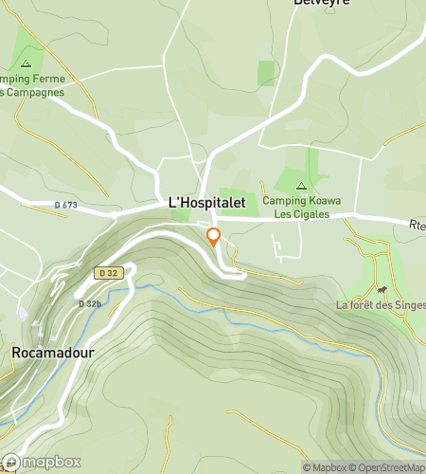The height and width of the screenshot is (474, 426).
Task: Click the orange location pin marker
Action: [x=214, y=237]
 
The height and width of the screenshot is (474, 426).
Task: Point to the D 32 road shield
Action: [x=109, y=272]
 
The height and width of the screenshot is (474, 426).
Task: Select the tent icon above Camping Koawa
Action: [x=301, y=186]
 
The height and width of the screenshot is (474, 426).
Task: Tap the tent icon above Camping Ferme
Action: [x=27, y=63]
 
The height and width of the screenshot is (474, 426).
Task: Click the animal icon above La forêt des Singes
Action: [x=382, y=290]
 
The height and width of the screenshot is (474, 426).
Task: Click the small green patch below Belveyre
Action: [x=267, y=73]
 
